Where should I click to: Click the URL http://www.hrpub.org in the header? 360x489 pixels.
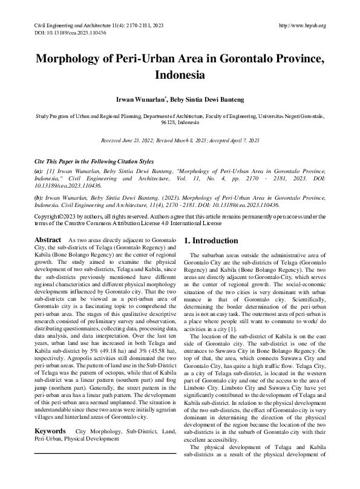click(303, 25)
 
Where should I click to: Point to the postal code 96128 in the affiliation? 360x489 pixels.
click(170, 122)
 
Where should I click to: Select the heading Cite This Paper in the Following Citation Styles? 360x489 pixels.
click(94, 163)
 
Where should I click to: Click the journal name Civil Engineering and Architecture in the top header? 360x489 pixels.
click(71, 25)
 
